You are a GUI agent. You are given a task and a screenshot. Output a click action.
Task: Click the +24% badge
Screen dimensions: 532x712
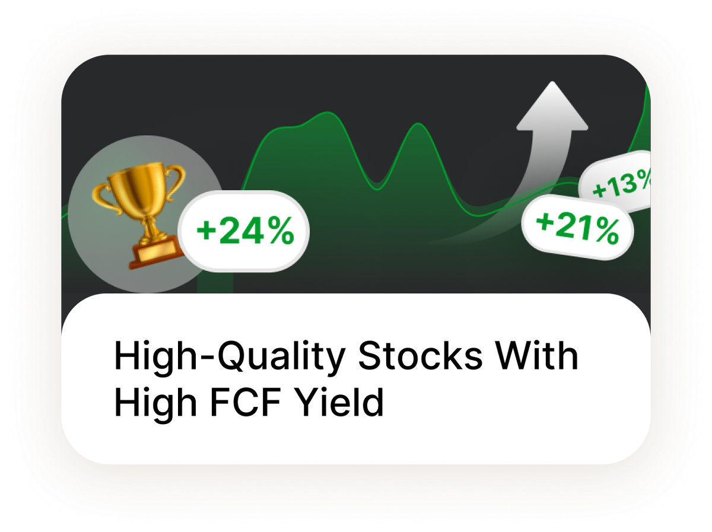tap(244, 231)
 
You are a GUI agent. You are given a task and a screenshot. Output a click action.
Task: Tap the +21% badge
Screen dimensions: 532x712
tap(577, 228)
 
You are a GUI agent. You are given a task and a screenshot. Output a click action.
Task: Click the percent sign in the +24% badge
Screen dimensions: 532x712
tap(278, 232)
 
